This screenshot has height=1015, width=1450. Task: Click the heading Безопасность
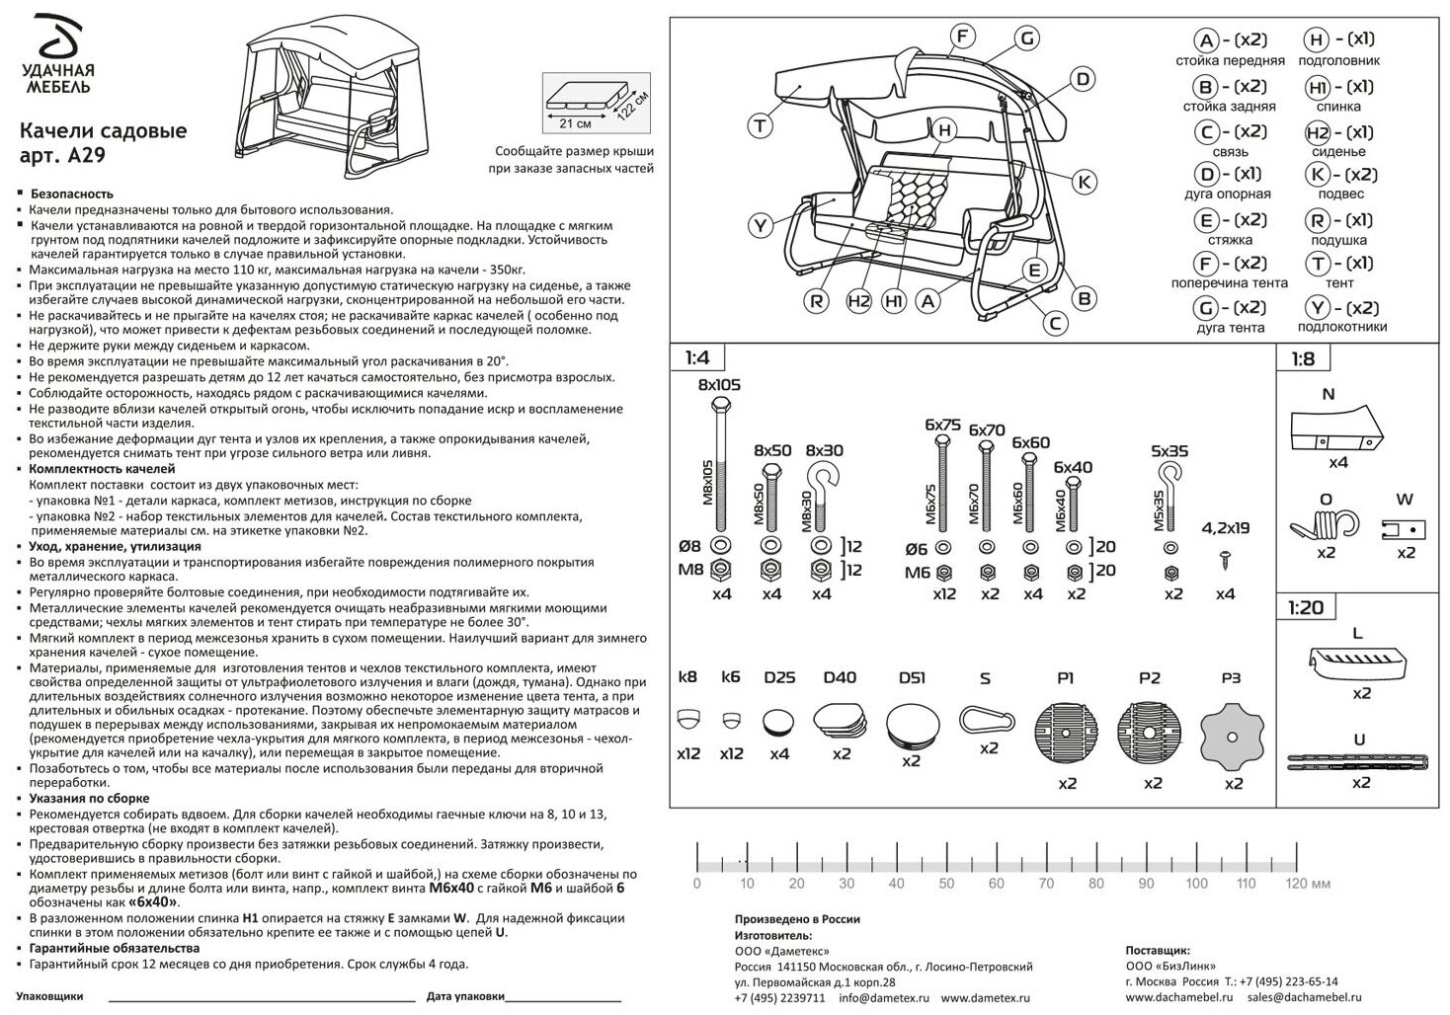coord(71,194)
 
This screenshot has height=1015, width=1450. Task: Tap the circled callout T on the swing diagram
coord(760,126)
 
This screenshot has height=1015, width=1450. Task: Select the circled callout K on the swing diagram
coord(1084,182)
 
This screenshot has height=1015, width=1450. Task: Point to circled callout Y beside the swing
coord(760,226)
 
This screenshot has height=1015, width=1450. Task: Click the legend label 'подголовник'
coord(1338,60)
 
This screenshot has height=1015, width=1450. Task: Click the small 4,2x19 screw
coord(1226,559)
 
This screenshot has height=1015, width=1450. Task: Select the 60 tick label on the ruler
coord(996,884)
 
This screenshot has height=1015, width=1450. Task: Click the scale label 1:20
coord(1304,607)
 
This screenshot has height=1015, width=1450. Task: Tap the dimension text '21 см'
coord(575,123)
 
